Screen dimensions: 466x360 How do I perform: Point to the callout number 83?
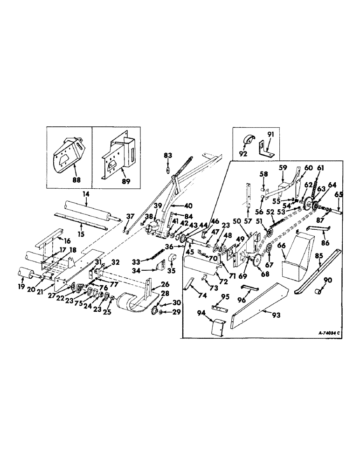pyautogui.click(x=167, y=155)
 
